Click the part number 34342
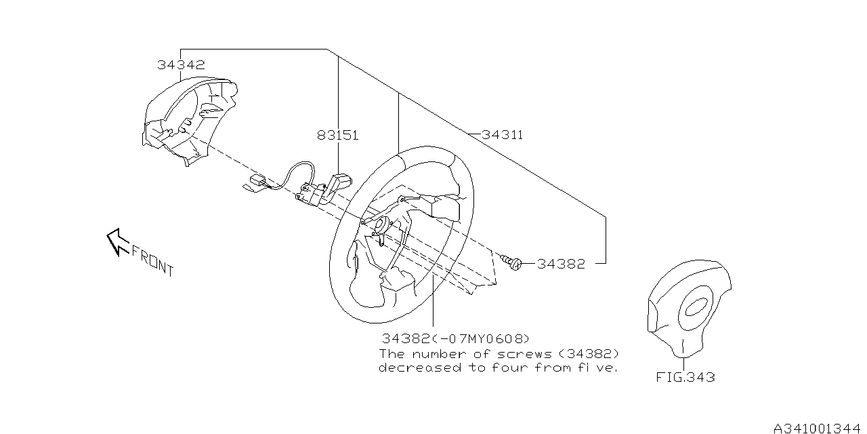(181, 66)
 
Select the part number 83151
(337, 136)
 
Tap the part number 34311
(502, 136)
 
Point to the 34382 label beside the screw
(561, 264)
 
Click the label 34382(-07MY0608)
(456, 338)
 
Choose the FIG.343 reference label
(685, 377)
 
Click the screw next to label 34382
(511, 262)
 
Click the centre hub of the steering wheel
(380, 226)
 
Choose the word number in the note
(440, 354)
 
